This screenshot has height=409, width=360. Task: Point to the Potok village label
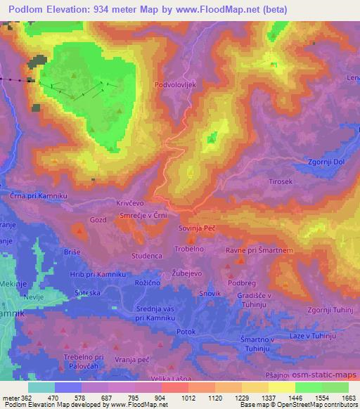coord(186,330)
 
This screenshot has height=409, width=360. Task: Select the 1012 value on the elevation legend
coord(188,398)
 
